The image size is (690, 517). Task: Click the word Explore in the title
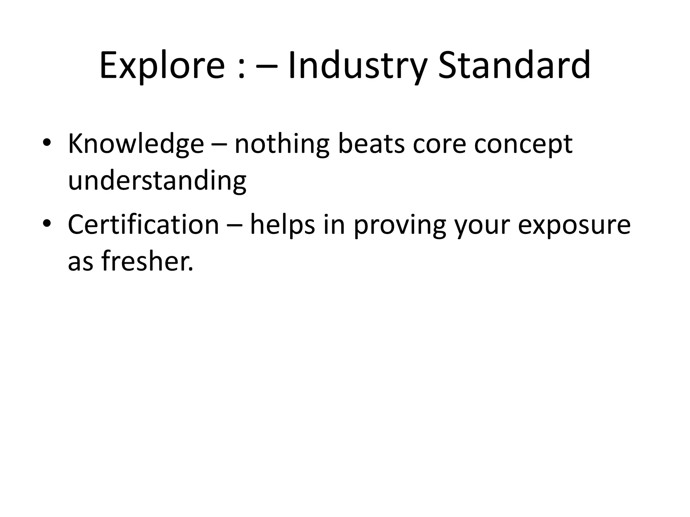pyautogui.click(x=162, y=66)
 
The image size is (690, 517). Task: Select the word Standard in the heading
pyautogui.click(x=514, y=66)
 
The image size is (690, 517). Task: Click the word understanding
pyautogui.click(x=157, y=181)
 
